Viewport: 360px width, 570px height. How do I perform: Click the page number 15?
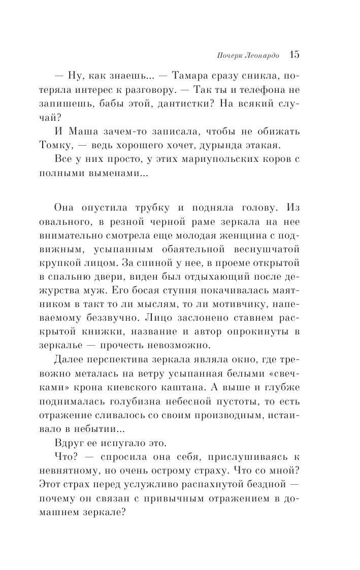[294, 54]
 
